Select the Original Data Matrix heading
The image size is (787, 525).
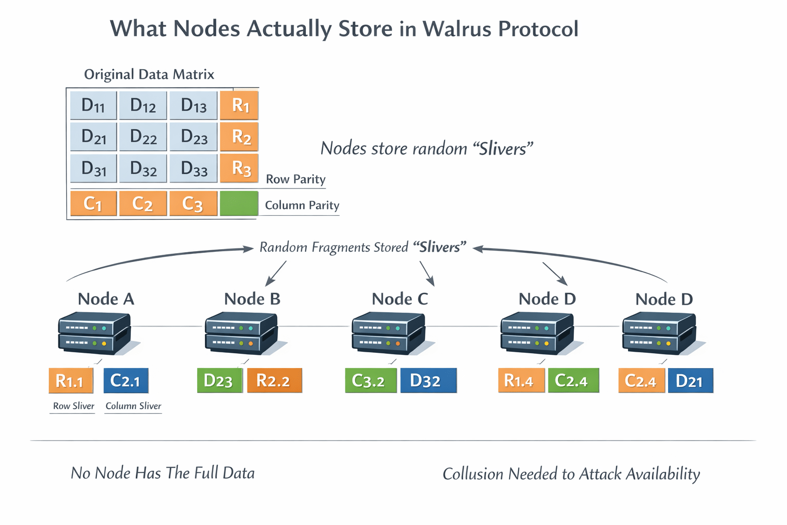click(149, 74)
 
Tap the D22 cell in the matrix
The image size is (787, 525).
click(143, 136)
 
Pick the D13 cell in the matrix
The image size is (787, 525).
click(194, 105)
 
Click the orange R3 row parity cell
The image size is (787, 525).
click(239, 168)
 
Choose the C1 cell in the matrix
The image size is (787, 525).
click(93, 204)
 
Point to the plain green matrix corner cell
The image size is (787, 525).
click(239, 204)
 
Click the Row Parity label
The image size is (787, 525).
click(296, 179)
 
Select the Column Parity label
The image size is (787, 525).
click(302, 205)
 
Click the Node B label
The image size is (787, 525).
click(252, 299)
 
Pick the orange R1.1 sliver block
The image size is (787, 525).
click(71, 381)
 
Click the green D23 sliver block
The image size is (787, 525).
click(219, 381)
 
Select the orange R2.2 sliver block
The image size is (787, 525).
click(274, 381)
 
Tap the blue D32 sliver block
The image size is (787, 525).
click(428, 381)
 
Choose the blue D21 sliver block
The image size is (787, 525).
click(690, 381)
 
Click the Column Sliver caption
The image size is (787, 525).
click(133, 406)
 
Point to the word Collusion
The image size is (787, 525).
click(473, 474)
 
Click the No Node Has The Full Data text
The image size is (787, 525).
click(162, 473)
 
